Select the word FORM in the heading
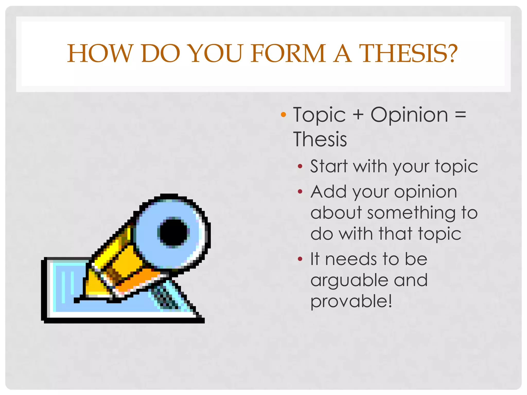tap(288, 53)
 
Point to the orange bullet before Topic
tap(283, 115)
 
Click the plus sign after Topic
tap(358, 115)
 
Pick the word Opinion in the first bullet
tap(409, 115)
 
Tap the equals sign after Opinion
tap(460, 115)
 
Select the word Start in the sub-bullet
tap(329, 166)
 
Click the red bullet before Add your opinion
tap(300, 191)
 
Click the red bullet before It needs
tap(300, 259)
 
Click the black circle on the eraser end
tap(173, 232)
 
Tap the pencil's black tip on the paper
tap(77, 300)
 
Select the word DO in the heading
tap(160, 53)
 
